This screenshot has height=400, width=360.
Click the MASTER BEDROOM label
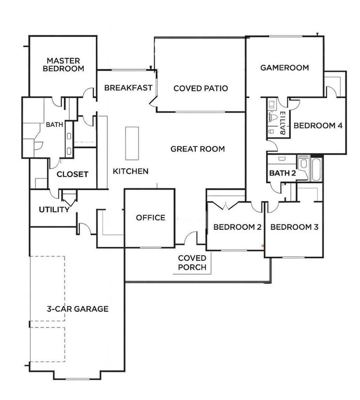click(x=63, y=64)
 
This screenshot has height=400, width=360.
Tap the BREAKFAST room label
click(x=128, y=87)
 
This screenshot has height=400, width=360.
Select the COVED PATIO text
click(x=201, y=88)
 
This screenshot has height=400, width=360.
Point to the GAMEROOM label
click(x=285, y=67)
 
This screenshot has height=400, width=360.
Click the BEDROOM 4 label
click(x=318, y=126)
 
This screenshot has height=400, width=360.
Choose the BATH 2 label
click(x=282, y=172)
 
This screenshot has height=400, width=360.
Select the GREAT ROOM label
click(x=197, y=149)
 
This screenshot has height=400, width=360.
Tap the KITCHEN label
click(x=131, y=171)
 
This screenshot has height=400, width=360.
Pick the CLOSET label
click(x=72, y=174)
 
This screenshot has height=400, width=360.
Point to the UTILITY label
click(x=54, y=210)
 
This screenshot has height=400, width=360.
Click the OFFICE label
click(x=151, y=218)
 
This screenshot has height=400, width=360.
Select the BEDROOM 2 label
click(x=237, y=227)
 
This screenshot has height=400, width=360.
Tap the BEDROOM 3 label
click(x=294, y=227)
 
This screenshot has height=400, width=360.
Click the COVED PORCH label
click(x=192, y=263)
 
